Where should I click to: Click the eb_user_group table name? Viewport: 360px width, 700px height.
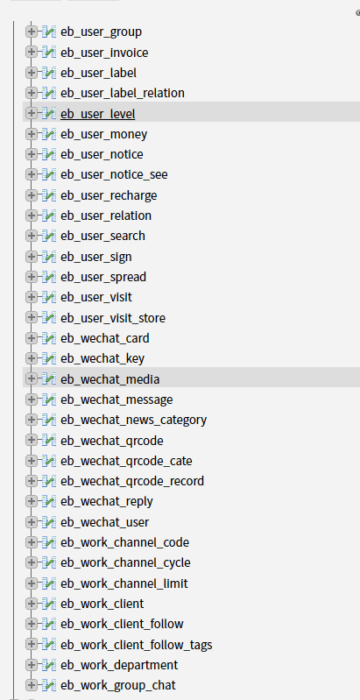[x=101, y=32]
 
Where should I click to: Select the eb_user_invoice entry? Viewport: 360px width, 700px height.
[x=104, y=53]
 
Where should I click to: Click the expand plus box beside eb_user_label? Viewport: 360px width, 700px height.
[x=32, y=73]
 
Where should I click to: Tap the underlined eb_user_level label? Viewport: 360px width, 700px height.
[x=98, y=114]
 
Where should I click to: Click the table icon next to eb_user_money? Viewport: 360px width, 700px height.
[x=49, y=134]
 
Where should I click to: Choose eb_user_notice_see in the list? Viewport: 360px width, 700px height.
[x=114, y=174]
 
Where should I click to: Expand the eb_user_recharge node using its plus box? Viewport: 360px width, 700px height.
[x=32, y=195]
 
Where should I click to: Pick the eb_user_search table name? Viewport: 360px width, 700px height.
[x=102, y=236]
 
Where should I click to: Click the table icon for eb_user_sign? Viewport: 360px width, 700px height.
[x=49, y=257]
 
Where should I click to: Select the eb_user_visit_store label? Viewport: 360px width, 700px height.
[x=113, y=318]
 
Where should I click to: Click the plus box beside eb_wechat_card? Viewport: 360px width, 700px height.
[x=32, y=338]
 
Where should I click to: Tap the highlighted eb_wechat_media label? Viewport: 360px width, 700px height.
[x=110, y=379]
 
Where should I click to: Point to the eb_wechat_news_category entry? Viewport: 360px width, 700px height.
[x=134, y=421]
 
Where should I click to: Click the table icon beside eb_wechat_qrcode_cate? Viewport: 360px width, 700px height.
[x=49, y=460]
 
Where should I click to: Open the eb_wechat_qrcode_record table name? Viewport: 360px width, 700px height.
[x=132, y=481]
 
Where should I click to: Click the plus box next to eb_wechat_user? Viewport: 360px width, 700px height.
[x=32, y=521]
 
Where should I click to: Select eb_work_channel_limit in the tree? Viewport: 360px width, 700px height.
[x=124, y=584]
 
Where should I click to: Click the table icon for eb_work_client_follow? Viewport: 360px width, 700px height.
[x=49, y=624]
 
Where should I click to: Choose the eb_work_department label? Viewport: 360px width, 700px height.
[x=119, y=666]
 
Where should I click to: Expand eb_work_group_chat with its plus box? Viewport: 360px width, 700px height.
[x=32, y=685]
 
